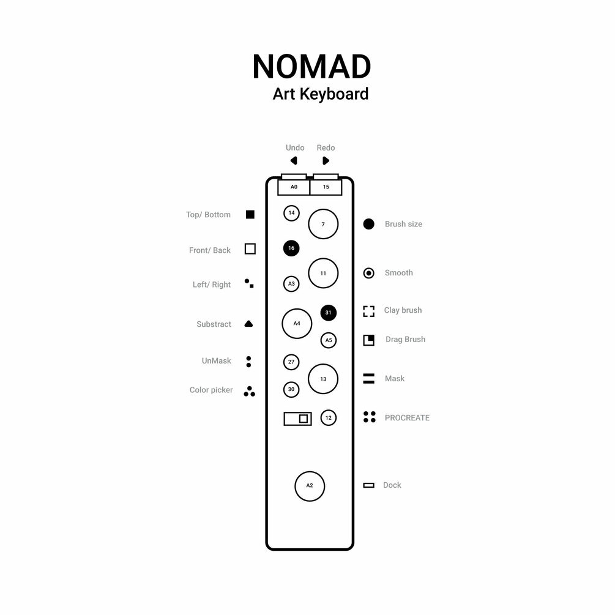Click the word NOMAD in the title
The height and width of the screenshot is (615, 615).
click(311, 67)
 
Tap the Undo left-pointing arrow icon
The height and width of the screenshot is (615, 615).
click(294, 161)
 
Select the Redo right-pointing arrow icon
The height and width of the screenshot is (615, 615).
click(326, 161)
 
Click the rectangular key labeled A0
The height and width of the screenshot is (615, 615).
click(294, 187)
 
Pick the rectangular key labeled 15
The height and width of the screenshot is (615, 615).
click(326, 187)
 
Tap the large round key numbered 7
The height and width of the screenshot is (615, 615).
click(323, 224)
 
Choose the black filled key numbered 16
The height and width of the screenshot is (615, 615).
click(291, 248)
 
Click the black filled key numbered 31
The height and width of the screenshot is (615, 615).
click(329, 313)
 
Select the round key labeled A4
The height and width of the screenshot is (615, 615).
click(297, 323)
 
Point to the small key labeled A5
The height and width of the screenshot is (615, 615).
click(329, 340)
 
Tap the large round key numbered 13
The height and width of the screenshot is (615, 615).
click(323, 379)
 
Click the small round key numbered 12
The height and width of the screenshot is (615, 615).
click(329, 418)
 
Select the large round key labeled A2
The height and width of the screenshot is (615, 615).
click(310, 486)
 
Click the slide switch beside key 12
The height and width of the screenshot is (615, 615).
click(298, 419)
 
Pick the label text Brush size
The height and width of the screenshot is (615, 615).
click(403, 224)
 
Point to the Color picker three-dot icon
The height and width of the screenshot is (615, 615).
click(249, 392)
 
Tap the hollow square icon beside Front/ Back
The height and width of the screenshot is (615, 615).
click(250, 249)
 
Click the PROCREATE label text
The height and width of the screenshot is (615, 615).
click(407, 418)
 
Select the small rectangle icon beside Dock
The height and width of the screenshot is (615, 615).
click(368, 485)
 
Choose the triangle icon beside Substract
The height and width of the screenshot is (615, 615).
click(248, 324)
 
